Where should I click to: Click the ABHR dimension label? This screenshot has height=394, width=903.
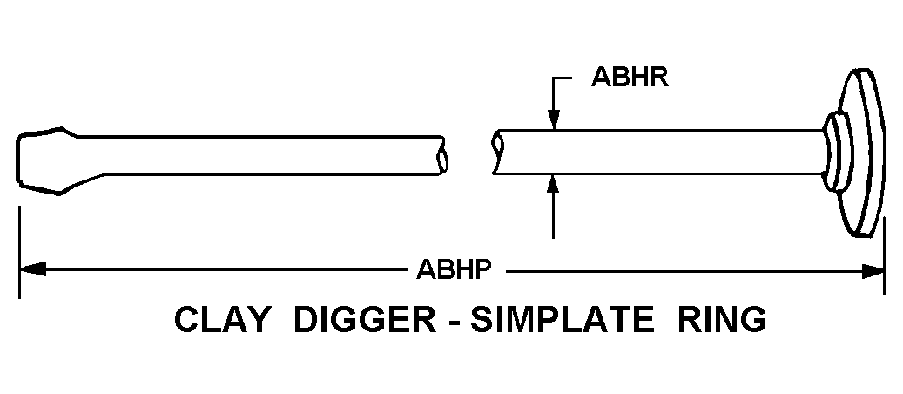(630, 77)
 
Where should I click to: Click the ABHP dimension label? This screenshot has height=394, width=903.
(455, 268)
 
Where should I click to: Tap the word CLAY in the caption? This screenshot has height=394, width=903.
(222, 320)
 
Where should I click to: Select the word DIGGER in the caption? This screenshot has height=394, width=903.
(365, 320)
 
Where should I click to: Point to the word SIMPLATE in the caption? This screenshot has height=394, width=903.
(562, 320)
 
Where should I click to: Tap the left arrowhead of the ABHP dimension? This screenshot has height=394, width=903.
(33, 268)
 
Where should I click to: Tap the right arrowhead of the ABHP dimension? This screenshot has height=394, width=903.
(872, 271)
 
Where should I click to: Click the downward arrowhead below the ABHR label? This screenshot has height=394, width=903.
(554, 119)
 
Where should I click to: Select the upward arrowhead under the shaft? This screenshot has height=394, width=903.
(554, 184)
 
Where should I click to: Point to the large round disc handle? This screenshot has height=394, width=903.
(860, 153)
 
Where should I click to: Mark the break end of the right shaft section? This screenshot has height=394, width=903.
(498, 152)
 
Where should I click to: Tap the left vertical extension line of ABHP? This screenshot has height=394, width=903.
(19, 252)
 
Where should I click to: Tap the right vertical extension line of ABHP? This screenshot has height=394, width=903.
(885, 255)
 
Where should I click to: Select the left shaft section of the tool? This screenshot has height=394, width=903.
(259, 155)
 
